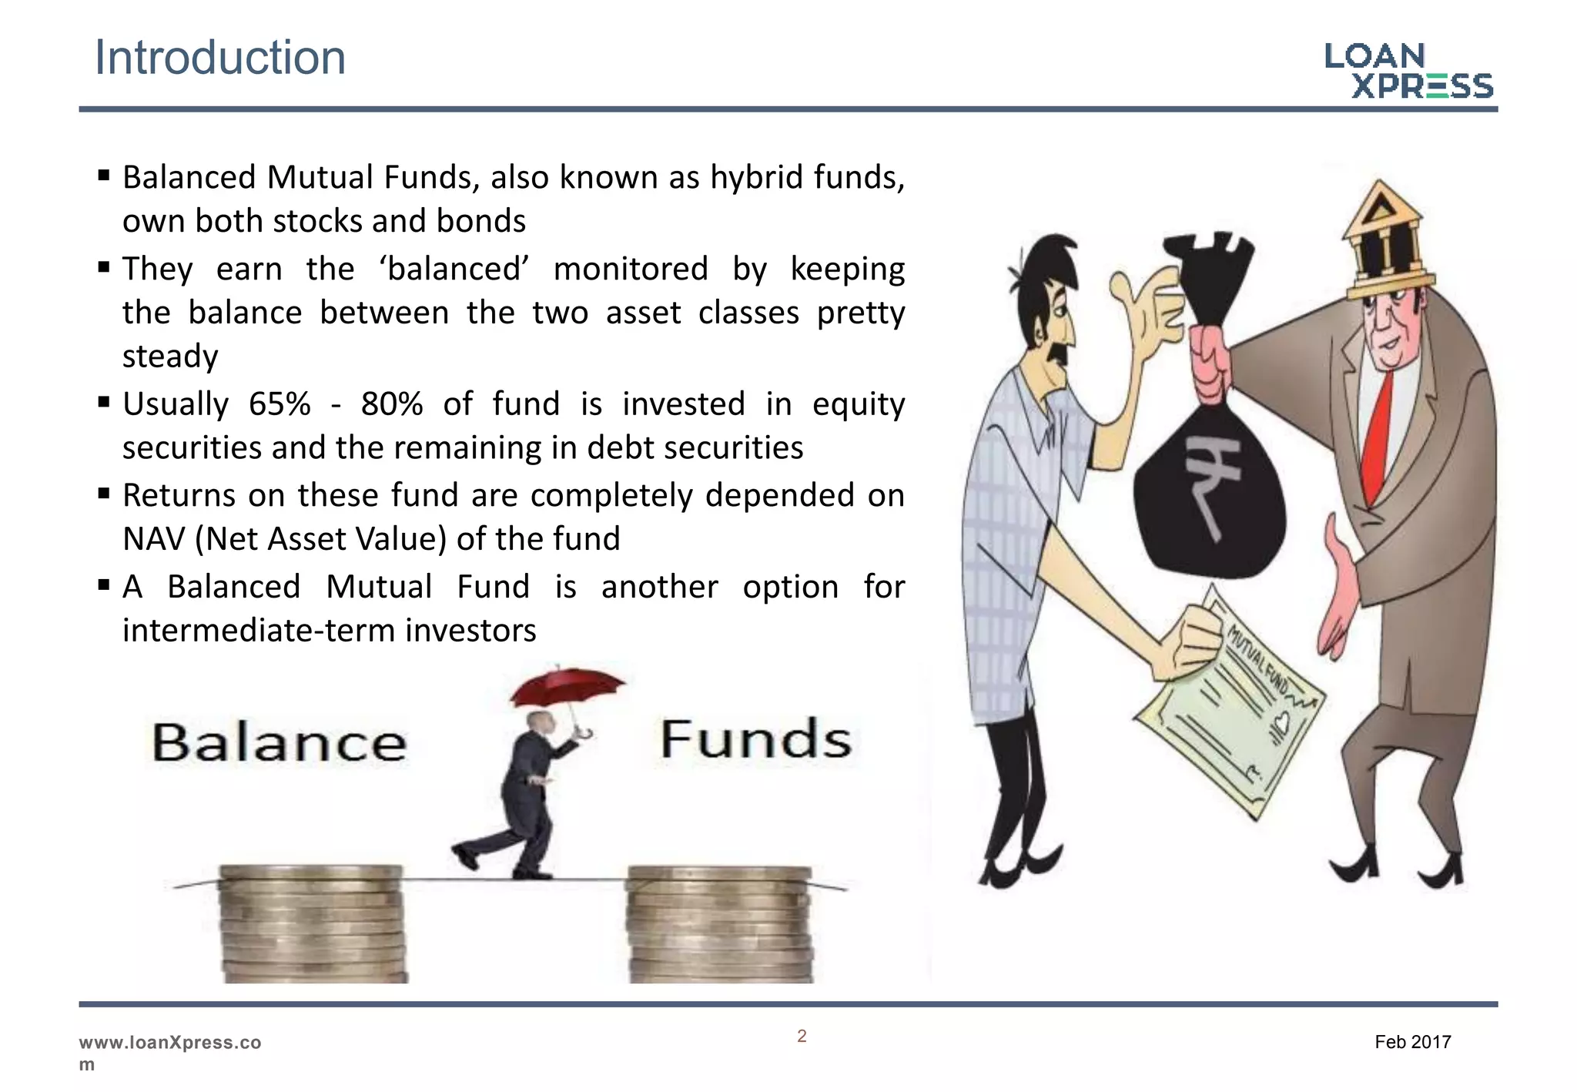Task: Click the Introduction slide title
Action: click(220, 58)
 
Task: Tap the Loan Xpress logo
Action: click(1408, 71)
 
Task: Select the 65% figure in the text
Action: click(280, 404)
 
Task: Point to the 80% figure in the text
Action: click(392, 404)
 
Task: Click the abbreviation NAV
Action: click(153, 539)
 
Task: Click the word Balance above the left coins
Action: click(279, 742)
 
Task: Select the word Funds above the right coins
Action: click(755, 739)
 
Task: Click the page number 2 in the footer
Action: click(802, 1037)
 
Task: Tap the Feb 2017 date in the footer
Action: click(1412, 1042)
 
